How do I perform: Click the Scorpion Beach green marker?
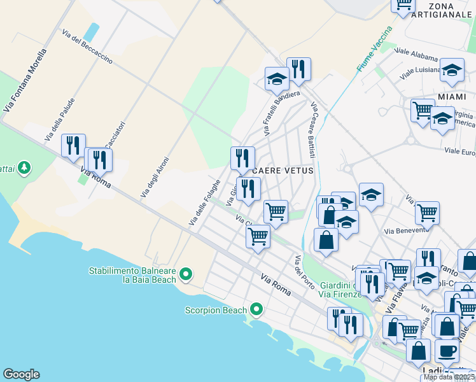[256, 309]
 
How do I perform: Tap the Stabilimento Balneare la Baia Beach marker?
[186, 274]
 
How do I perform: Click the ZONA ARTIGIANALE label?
[441, 10]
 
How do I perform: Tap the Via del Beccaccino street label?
[87, 46]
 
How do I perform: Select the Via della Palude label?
[60, 119]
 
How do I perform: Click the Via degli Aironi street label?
[155, 176]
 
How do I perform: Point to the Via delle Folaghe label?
[204, 202]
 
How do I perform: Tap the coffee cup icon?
[447, 351]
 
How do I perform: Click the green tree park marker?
[24, 167]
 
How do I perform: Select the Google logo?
[21, 374]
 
